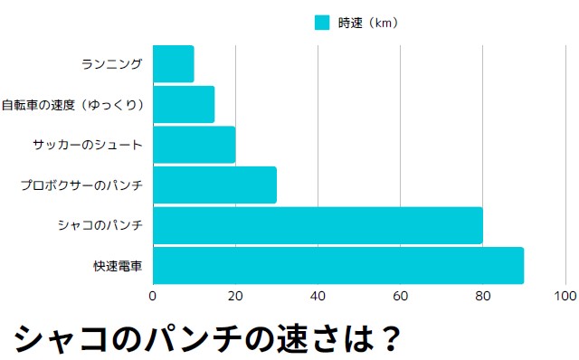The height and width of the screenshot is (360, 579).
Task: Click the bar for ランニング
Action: (x=173, y=63)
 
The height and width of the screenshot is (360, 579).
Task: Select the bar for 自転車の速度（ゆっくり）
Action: (x=184, y=104)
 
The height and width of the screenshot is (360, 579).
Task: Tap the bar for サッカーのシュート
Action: (x=194, y=145)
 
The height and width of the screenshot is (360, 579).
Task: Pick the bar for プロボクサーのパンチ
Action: (x=214, y=185)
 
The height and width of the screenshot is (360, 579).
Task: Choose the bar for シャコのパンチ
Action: (x=318, y=226)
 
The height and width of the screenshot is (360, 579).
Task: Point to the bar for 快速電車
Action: (x=338, y=266)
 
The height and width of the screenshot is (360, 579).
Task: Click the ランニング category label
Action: (x=112, y=64)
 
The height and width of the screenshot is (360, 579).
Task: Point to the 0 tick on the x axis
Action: (x=153, y=296)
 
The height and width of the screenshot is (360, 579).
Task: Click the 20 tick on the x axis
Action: (x=235, y=296)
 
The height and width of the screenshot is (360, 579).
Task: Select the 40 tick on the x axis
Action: (x=318, y=296)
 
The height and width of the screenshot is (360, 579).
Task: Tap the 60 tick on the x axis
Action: (x=401, y=296)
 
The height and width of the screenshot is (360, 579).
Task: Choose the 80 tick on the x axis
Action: (x=483, y=296)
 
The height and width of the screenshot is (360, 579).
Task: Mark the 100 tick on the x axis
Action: (x=565, y=296)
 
